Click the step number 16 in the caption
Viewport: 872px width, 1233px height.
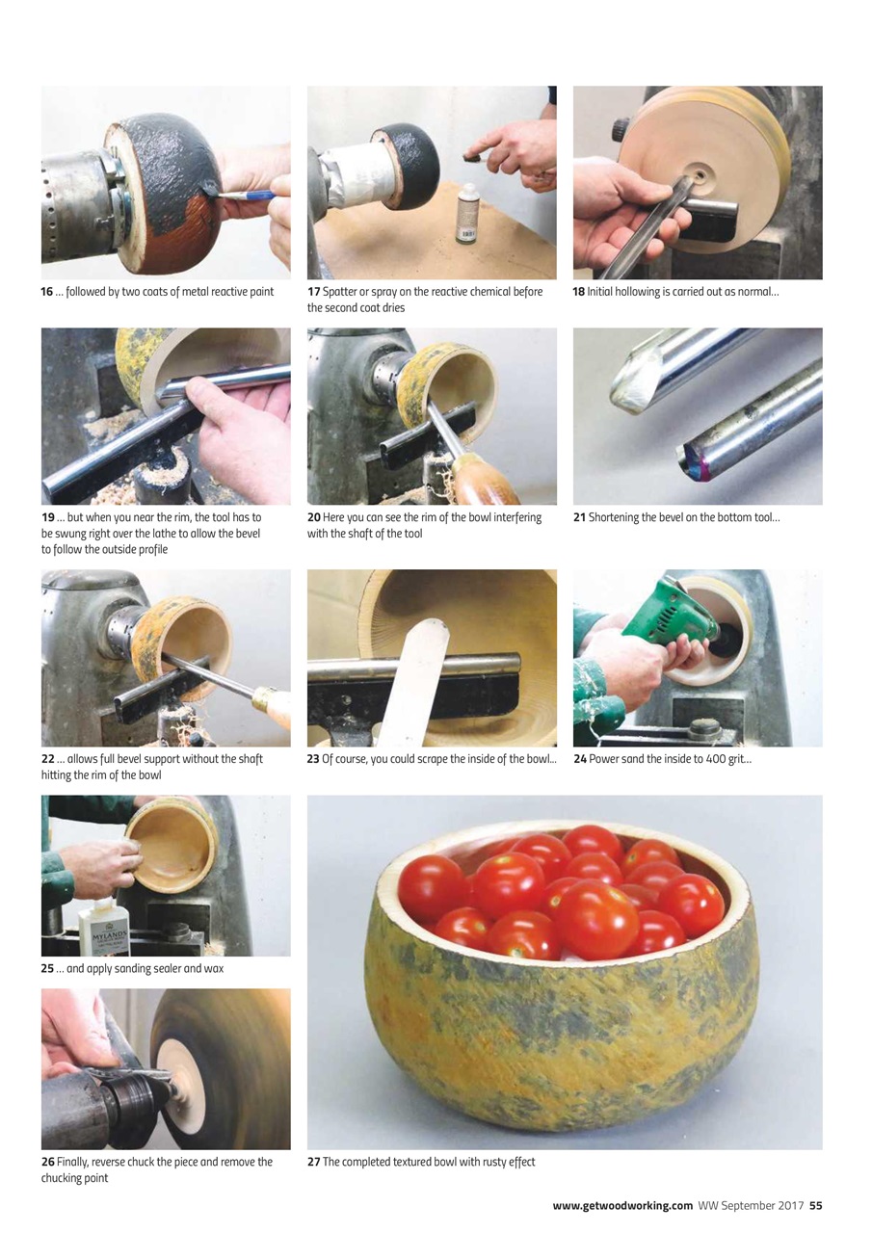pyautogui.click(x=47, y=292)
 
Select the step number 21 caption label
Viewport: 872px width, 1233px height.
pyautogui.click(x=579, y=518)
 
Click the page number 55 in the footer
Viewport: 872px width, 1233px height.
pyautogui.click(x=815, y=1205)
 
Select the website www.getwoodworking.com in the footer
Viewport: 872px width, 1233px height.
pyautogui.click(x=622, y=1205)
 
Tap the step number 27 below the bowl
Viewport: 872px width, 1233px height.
pyautogui.click(x=313, y=1162)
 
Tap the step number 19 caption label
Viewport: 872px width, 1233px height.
pyautogui.click(x=47, y=518)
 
